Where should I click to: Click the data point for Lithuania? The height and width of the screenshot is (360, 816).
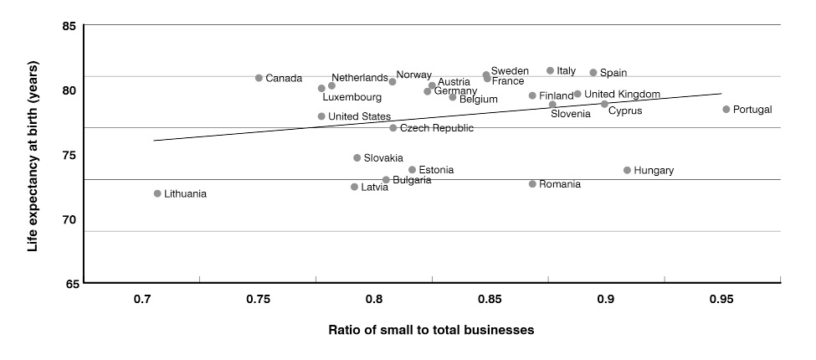pos(157,193)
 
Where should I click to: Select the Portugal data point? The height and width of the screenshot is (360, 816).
pos(726,109)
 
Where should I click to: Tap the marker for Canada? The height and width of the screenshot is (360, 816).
pos(259,78)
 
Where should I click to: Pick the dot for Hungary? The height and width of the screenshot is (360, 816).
pos(627,170)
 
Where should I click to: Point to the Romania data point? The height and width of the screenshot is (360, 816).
pos(532,183)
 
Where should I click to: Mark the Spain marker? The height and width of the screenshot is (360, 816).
pos(593,73)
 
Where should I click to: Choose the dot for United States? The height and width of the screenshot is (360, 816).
pos(321,116)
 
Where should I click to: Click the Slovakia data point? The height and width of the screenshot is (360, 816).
pos(357,157)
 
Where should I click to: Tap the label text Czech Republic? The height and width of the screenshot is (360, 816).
pos(437,128)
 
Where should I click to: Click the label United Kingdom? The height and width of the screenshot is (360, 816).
pos(622,94)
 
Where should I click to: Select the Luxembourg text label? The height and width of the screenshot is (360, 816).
pos(352,97)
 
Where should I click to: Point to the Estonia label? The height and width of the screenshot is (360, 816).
pos(436,170)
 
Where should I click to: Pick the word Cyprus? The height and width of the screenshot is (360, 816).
pos(626,110)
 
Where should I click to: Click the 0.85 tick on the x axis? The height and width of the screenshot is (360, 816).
pos(490,299)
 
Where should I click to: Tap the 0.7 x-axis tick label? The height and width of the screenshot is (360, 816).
pos(142,299)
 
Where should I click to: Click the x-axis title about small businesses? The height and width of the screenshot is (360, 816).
pos(431,330)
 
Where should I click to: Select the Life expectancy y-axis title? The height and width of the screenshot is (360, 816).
pos(33,154)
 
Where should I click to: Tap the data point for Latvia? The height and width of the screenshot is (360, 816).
pos(354,187)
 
